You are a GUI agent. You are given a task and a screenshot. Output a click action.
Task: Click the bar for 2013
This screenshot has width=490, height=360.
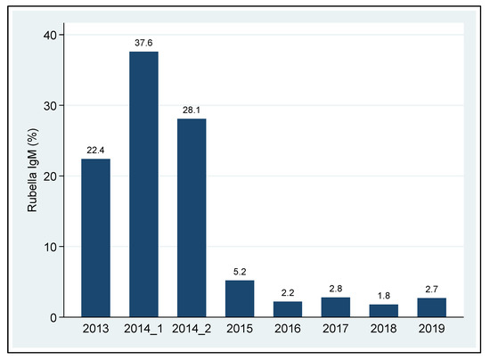pyautogui.click(x=95, y=238)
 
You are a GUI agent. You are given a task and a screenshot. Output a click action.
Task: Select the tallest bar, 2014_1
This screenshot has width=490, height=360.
pyautogui.click(x=143, y=184)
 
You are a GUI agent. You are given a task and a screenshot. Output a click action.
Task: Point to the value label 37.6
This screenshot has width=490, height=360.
pyautogui.click(x=143, y=42)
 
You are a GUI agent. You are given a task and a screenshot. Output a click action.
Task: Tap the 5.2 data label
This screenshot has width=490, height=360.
pyautogui.click(x=240, y=270)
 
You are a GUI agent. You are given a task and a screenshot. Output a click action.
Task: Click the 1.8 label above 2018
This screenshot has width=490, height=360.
pyautogui.click(x=383, y=294)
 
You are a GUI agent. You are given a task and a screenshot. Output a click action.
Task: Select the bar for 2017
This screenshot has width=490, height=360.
pyautogui.click(x=335, y=307)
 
